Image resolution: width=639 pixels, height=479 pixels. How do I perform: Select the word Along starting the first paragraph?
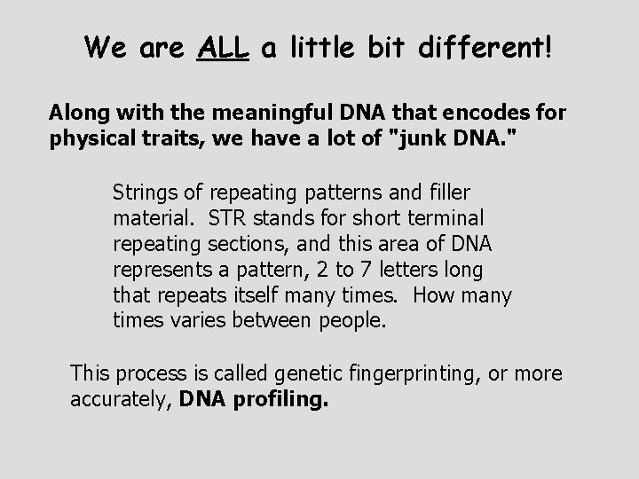pos(75,114)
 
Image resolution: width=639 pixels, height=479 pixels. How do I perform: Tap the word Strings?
pos(144,193)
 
